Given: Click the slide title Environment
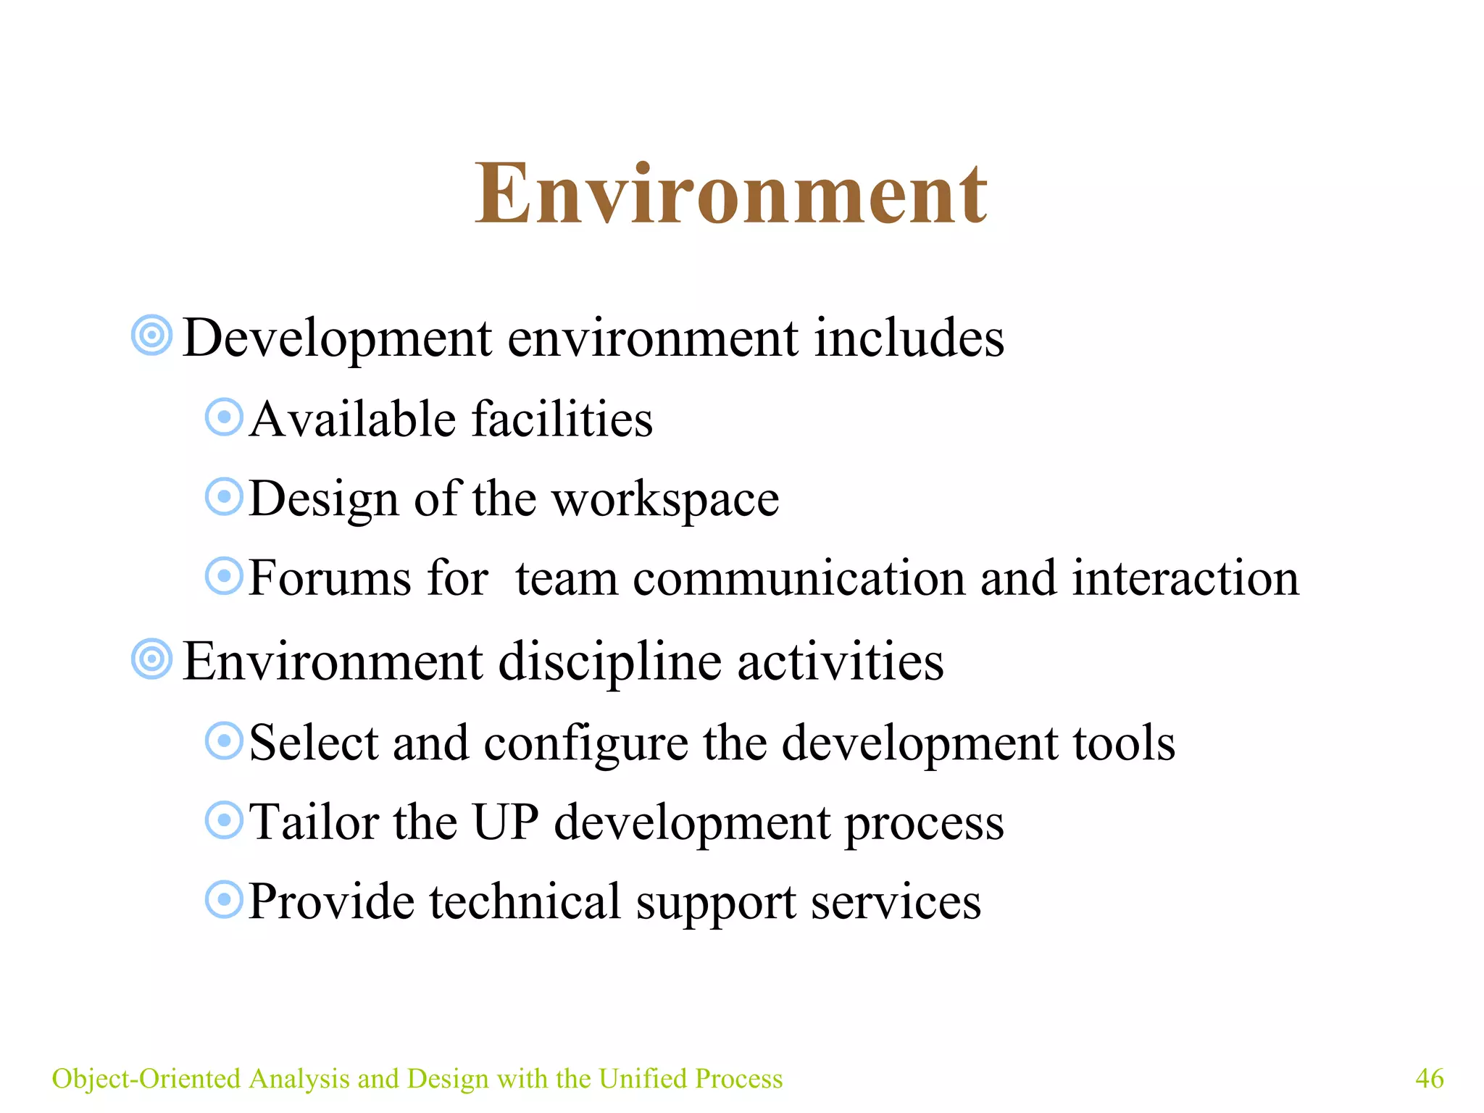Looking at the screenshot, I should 730,193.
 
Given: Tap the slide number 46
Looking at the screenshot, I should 1429,1078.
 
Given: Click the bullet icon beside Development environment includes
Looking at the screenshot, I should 152,335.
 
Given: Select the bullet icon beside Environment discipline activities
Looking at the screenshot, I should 152,659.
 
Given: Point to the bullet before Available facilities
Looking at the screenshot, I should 224,417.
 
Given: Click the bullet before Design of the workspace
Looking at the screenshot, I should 224,497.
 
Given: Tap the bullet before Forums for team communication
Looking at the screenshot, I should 224,577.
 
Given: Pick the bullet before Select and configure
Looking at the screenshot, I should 224,741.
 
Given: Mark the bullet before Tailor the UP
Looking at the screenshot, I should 224,821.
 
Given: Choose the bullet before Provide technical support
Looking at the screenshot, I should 224,900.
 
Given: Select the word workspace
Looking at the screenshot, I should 665,500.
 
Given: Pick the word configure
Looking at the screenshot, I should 585,744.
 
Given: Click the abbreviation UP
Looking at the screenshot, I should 505,822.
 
